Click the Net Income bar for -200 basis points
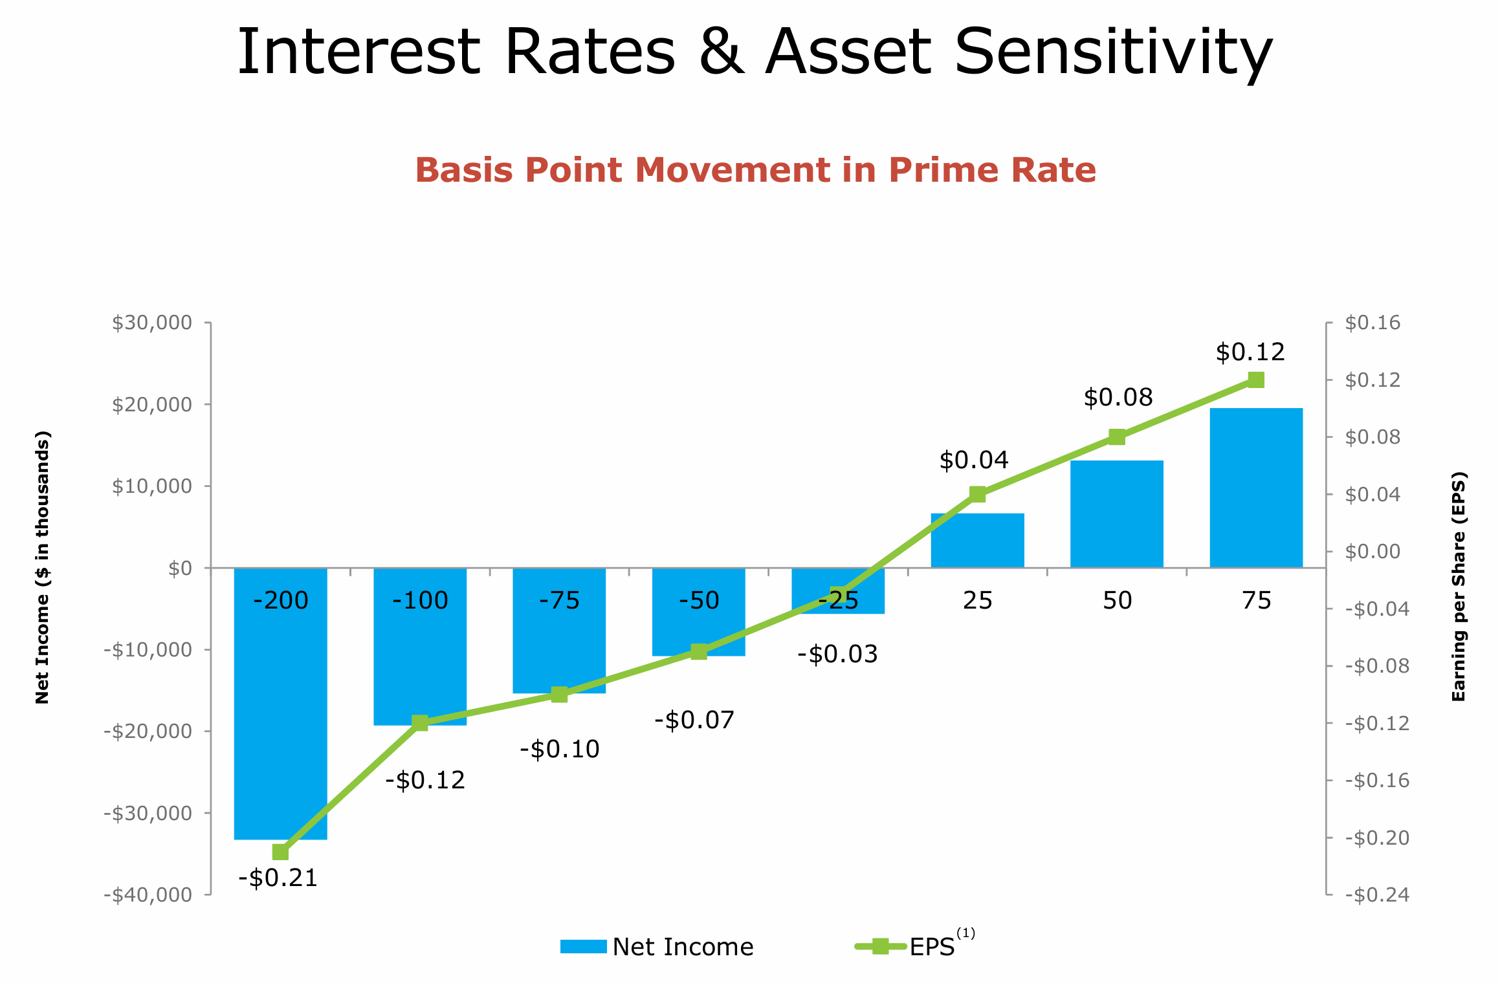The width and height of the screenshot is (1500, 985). click(x=280, y=711)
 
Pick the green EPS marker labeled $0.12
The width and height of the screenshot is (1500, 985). click(x=1256, y=380)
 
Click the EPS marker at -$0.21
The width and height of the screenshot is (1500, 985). click(x=280, y=852)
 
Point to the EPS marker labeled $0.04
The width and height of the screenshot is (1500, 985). click(x=978, y=494)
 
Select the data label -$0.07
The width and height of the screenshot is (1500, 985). click(x=694, y=720)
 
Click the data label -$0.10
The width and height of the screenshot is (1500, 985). click(x=560, y=749)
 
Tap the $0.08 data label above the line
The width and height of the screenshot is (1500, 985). click(x=1118, y=397)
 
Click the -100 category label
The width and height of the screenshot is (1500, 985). click(x=420, y=601)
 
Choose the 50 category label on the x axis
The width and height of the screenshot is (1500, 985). click(x=1118, y=601)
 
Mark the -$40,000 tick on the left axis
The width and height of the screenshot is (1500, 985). click(x=148, y=894)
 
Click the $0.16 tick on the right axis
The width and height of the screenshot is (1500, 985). click(x=1372, y=322)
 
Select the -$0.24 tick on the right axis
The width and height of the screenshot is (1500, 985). click(x=1376, y=894)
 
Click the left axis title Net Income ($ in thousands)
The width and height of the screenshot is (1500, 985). click(x=42, y=567)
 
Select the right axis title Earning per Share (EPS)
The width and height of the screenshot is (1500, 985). click(x=1459, y=587)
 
